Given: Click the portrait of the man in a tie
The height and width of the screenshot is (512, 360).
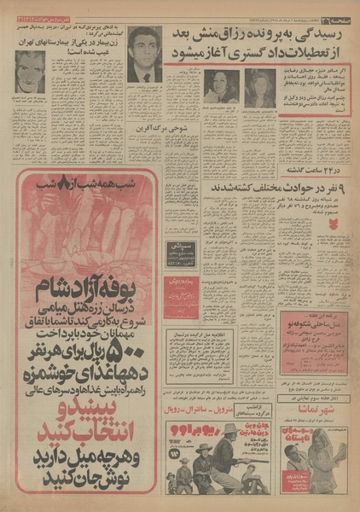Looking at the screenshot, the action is (145, 54).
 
